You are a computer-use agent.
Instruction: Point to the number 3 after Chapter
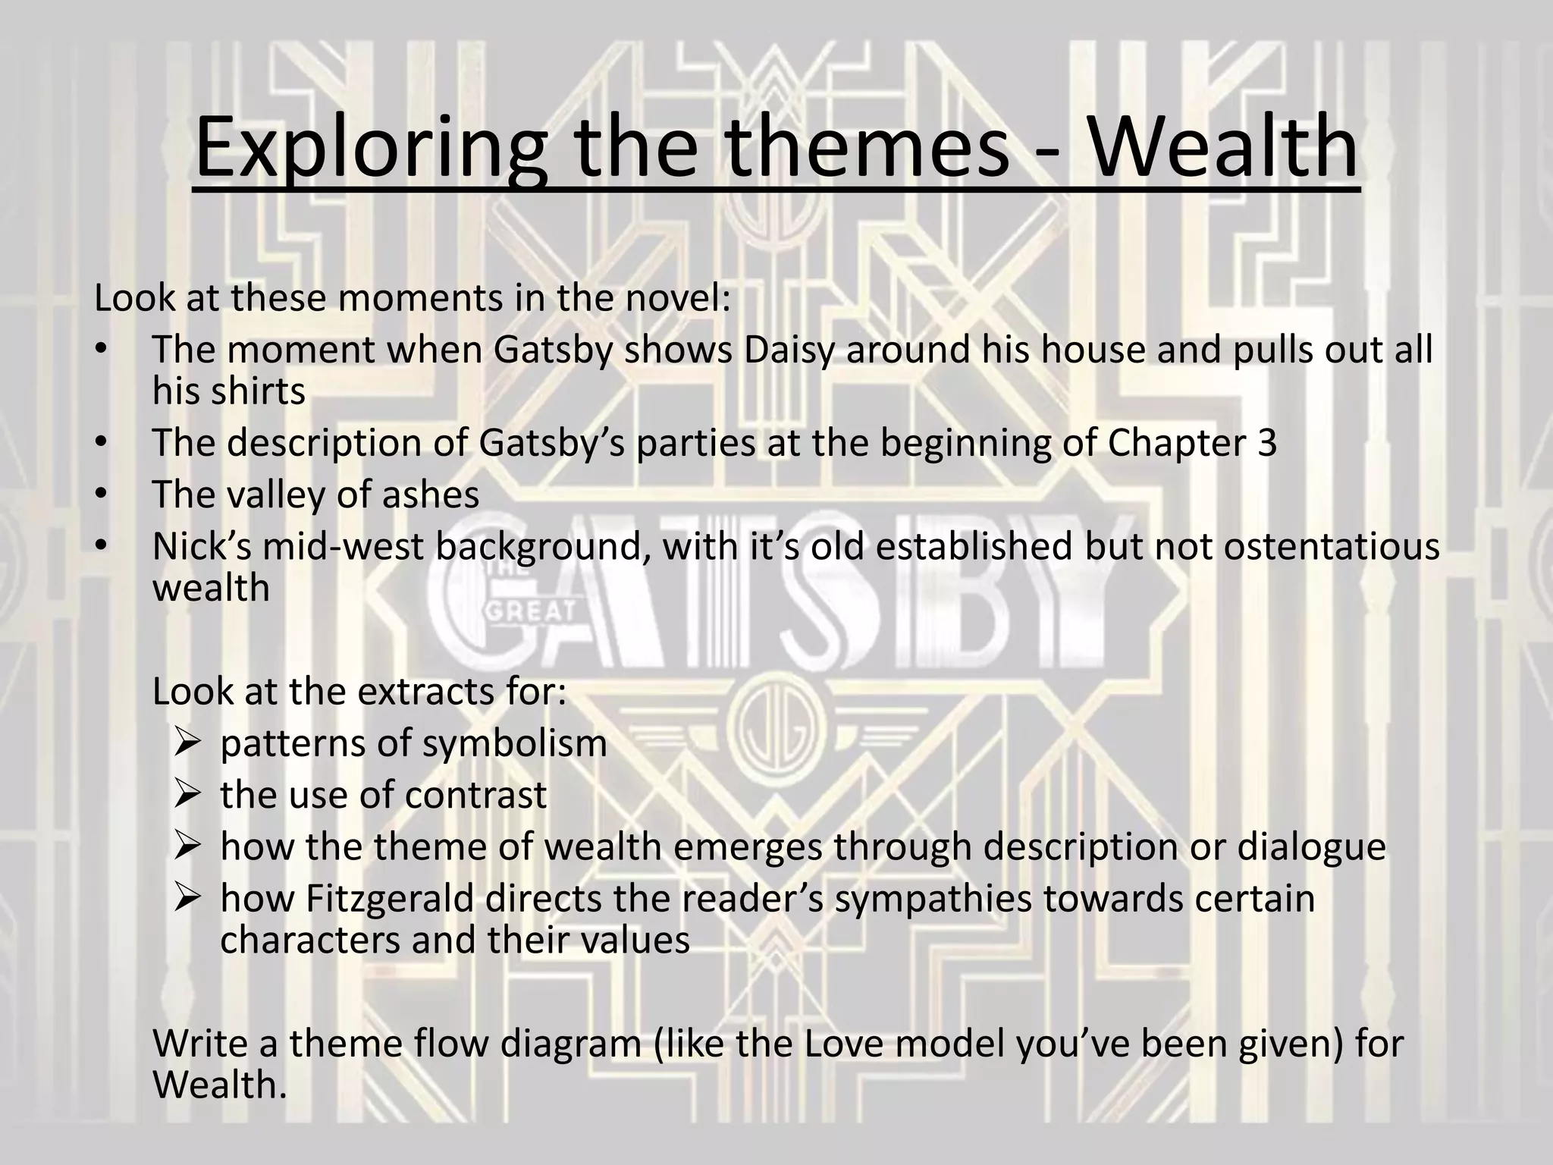tap(1266, 443)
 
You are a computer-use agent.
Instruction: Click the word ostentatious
tap(1332, 546)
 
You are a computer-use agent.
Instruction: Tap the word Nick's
tap(202, 546)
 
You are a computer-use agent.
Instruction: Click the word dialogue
tap(1312, 846)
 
